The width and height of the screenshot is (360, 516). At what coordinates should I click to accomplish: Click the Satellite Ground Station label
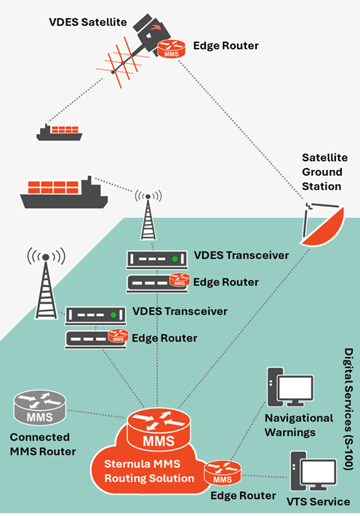click(x=326, y=172)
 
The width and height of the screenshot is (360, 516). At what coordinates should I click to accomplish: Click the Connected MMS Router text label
click(x=43, y=444)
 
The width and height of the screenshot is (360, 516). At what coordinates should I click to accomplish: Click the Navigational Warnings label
click(x=299, y=425)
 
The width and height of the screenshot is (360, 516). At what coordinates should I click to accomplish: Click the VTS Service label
click(x=319, y=502)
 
